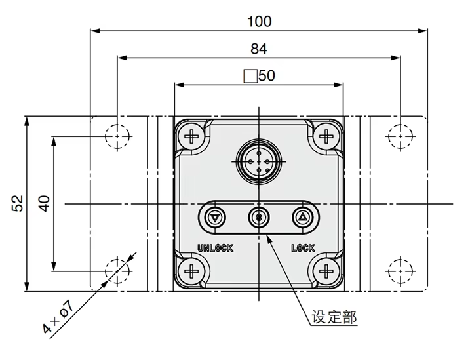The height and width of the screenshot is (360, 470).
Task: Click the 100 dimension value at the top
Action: click(x=259, y=21)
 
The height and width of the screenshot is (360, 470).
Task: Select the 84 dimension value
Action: click(x=259, y=49)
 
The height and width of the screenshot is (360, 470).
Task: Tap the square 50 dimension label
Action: click(x=260, y=75)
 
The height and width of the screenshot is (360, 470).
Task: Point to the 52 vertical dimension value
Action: click(x=17, y=203)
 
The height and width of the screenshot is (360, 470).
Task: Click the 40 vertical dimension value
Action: click(x=44, y=203)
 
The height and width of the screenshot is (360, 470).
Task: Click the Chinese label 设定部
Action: click(x=334, y=319)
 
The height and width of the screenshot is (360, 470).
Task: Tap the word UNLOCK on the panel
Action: click(x=215, y=248)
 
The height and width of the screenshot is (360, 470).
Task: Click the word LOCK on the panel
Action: click(x=303, y=248)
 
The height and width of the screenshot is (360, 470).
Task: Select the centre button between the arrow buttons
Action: click(x=259, y=217)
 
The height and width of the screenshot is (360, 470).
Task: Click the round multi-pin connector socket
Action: click(x=259, y=160)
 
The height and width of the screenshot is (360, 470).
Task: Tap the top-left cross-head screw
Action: click(x=192, y=136)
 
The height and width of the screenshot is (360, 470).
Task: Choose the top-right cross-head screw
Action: click(x=326, y=136)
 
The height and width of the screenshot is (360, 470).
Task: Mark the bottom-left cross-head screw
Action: click(x=192, y=270)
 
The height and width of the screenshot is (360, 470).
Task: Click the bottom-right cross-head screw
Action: click(x=326, y=270)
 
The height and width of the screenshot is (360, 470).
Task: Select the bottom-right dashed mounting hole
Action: click(x=400, y=270)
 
